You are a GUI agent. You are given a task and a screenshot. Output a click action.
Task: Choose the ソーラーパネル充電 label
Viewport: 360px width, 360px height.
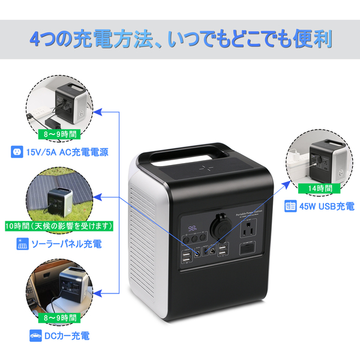coord(67,244)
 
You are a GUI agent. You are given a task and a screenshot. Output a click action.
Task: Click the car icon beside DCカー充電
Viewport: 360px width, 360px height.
coord(34,335)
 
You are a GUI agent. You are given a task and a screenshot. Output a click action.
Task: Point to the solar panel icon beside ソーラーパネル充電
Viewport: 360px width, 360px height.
coord(23,244)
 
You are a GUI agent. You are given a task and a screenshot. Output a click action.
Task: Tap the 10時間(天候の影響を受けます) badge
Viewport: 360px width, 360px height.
coord(58,226)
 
